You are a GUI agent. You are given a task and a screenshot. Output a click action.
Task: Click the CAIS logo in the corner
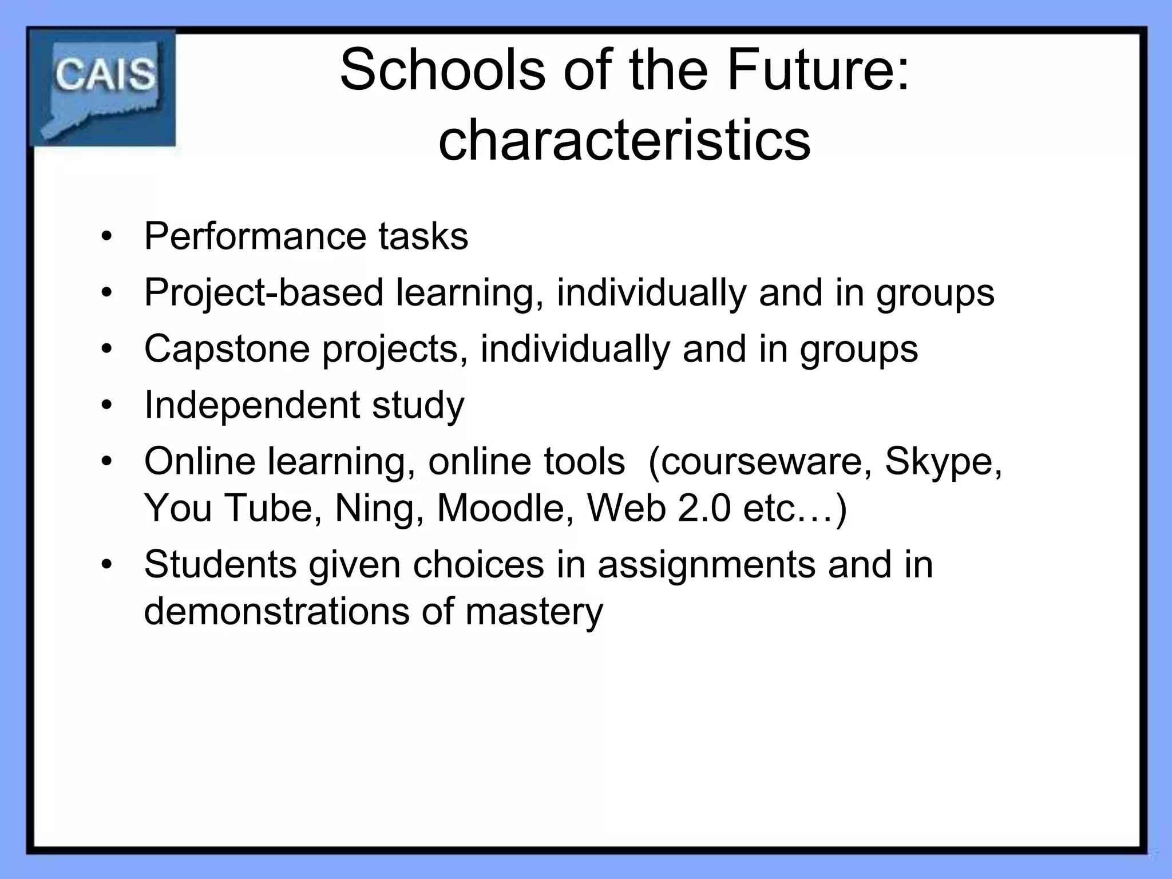pos(103,88)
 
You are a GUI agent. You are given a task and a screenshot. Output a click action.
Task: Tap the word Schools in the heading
pos(442,70)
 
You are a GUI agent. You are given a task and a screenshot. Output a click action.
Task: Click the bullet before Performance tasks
pos(106,236)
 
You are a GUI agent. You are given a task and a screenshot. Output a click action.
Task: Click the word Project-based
pos(263,292)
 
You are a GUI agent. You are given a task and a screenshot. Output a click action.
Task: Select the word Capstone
pos(227,349)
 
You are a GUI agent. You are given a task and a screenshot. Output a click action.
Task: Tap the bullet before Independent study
pos(106,405)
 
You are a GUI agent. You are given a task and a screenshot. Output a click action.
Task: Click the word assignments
pos(707,564)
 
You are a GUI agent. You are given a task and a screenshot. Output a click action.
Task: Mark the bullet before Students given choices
pos(106,564)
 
